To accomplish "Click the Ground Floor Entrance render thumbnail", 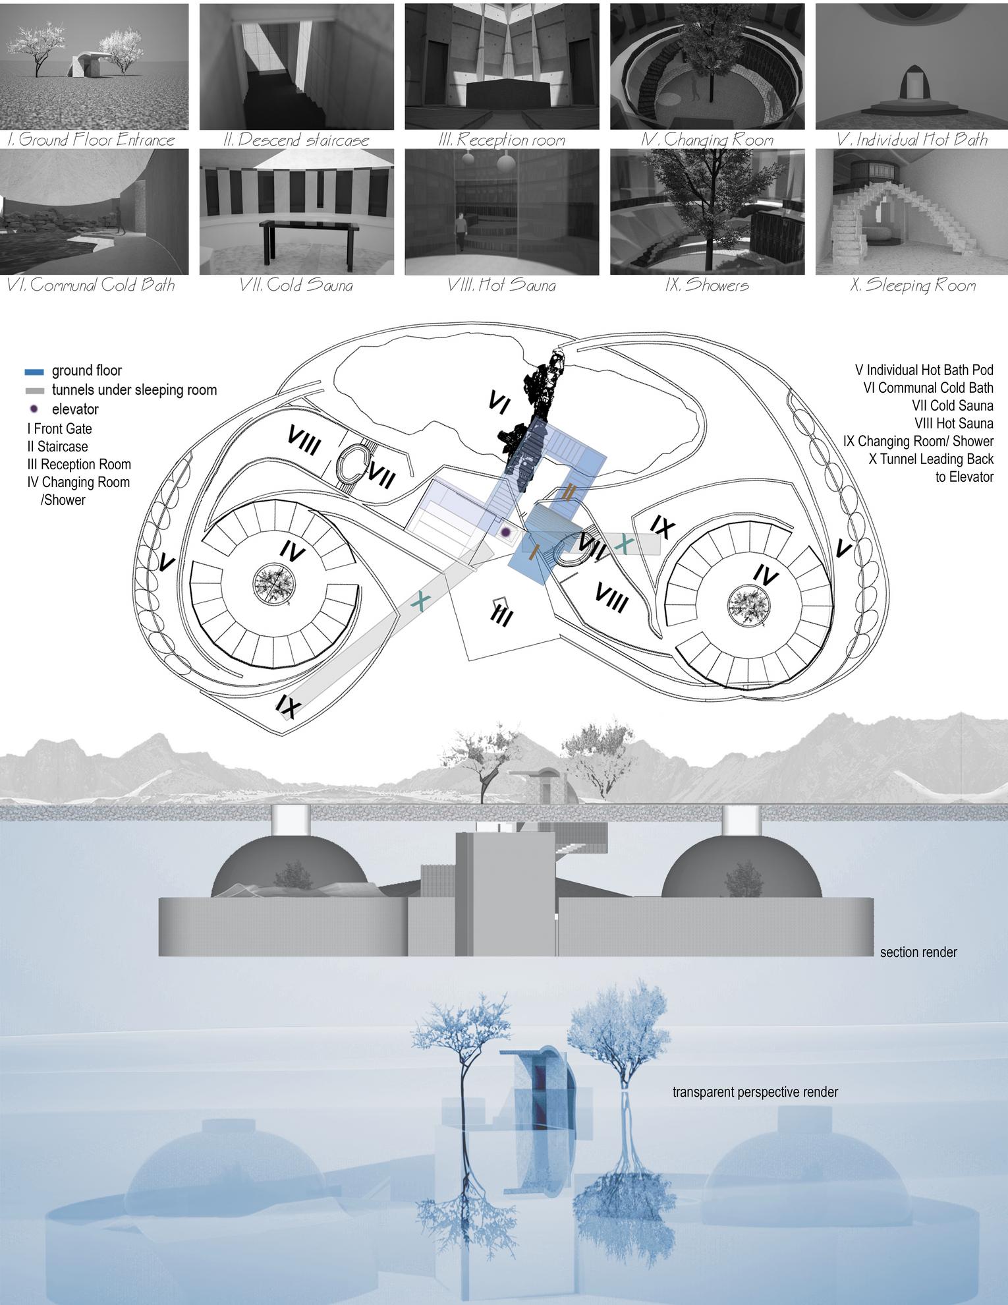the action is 94,67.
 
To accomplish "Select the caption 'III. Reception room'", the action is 501,140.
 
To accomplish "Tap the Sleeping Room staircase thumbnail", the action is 911,212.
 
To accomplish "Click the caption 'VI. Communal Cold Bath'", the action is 90,285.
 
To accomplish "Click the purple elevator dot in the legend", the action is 34,409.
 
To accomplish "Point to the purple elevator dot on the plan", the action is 505,531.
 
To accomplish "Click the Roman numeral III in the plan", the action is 503,614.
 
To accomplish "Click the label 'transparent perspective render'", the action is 755,1091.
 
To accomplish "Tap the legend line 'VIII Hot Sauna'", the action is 953,424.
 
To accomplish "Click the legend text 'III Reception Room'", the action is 78,465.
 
